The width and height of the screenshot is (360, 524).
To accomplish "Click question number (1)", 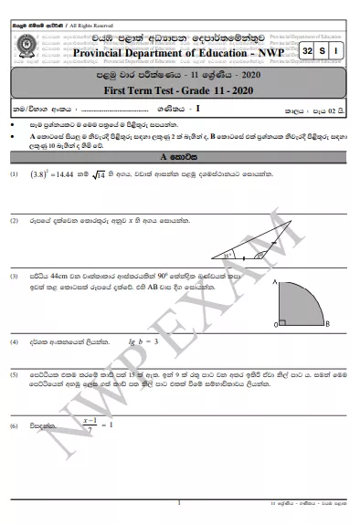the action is coord(14,198).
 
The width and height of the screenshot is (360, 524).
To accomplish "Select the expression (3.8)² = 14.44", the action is coord(54,198).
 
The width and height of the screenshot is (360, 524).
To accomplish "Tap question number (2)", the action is coord(14,246).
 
